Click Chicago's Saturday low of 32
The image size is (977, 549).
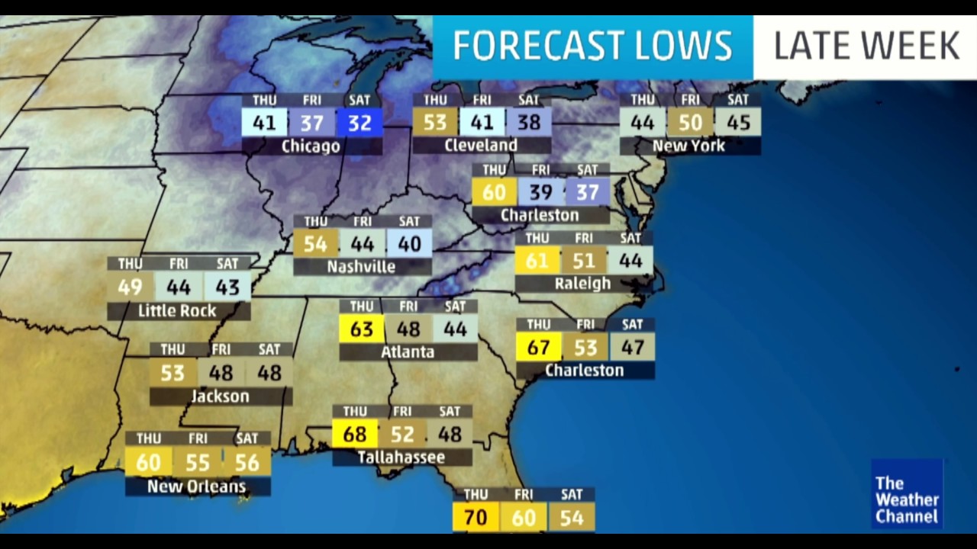(x=360, y=123)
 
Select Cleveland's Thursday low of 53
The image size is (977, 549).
(x=435, y=123)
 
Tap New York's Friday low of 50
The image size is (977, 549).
(x=690, y=123)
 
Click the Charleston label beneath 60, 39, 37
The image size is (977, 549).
(x=540, y=216)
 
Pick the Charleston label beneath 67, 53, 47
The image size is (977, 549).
(x=585, y=371)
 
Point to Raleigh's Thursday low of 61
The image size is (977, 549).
(x=537, y=261)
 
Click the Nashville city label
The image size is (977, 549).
(x=361, y=267)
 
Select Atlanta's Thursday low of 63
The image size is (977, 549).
(x=361, y=329)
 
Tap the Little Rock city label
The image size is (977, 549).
(x=177, y=311)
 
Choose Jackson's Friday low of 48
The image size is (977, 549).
(x=221, y=373)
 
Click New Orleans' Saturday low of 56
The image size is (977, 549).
(x=247, y=462)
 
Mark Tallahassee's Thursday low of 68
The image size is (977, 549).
(x=355, y=435)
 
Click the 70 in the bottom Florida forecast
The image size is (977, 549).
(x=476, y=518)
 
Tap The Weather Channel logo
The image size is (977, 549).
(x=907, y=493)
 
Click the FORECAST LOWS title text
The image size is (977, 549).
(x=592, y=47)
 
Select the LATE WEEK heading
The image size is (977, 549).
(x=866, y=47)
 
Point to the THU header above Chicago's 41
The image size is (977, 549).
(x=264, y=101)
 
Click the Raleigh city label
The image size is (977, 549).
(x=582, y=284)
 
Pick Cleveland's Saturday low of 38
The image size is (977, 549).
(x=528, y=123)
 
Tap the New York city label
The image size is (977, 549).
(x=689, y=146)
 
